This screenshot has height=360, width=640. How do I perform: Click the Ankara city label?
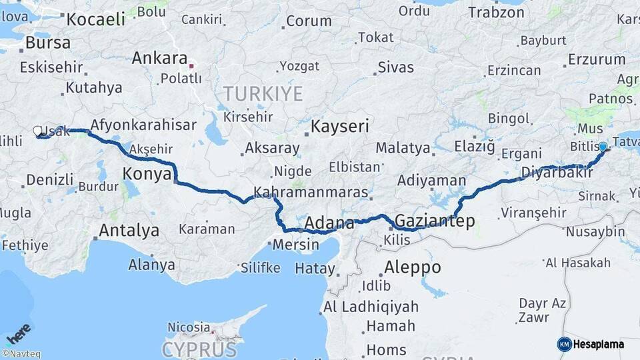click(x=159, y=58)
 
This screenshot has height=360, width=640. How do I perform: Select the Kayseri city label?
click(x=341, y=126)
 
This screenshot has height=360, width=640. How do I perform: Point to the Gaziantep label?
click(x=435, y=221)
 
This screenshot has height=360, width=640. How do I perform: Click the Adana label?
click(x=329, y=223)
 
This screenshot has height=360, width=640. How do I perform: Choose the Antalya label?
click(x=129, y=231)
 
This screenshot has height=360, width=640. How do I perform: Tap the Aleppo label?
click(x=413, y=267)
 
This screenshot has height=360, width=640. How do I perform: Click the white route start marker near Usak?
click(x=37, y=131)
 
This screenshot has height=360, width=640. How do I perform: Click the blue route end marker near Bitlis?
click(x=603, y=147)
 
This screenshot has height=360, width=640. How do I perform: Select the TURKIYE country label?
click(x=263, y=94)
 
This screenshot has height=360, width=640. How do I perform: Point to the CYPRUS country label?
click(x=199, y=349)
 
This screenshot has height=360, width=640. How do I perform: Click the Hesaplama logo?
click(x=591, y=344)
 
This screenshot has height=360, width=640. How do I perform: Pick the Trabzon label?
click(x=497, y=12)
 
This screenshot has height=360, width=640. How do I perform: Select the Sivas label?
click(x=395, y=67)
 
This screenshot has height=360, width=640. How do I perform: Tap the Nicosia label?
click(x=189, y=327)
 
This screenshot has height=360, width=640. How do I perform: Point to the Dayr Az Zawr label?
click(x=542, y=311)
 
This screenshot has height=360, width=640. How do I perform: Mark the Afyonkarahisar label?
click(x=143, y=125)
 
